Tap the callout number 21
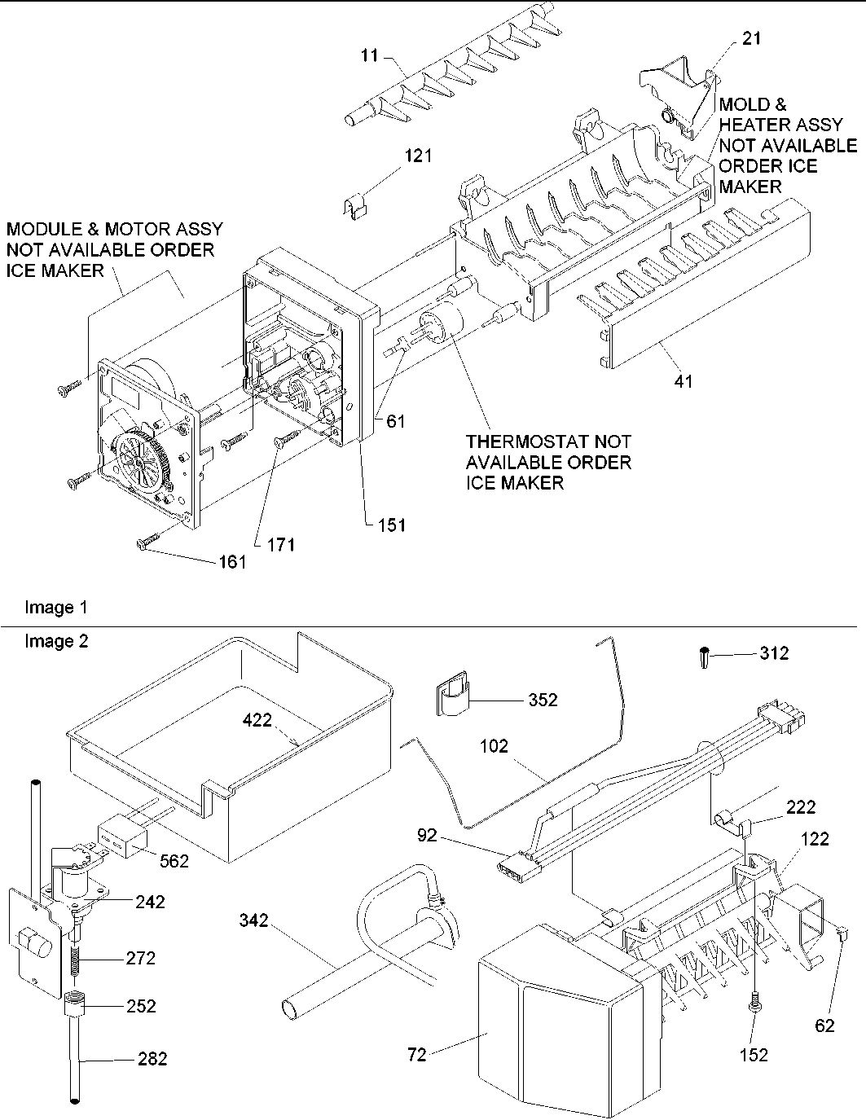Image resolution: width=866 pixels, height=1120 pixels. [752, 38]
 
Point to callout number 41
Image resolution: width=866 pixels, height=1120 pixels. [684, 380]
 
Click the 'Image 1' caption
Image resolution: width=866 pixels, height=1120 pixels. [56, 607]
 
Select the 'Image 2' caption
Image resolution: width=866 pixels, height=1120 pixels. [56, 641]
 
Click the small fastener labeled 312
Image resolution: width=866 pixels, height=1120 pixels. [703, 657]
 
